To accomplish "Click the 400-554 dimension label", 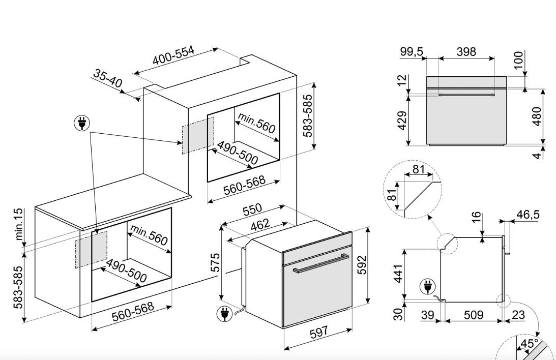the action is (174, 55).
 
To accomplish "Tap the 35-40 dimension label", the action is (107, 78).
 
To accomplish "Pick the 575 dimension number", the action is (215, 262).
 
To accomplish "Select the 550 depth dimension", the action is (252, 209).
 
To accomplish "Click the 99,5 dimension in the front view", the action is (412, 52).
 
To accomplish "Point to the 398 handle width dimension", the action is (466, 52).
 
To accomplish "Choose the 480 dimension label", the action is (537, 116).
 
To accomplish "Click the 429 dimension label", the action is (402, 121).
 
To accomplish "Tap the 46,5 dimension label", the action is (528, 215).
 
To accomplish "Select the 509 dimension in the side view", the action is (474, 315).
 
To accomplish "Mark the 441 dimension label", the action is (399, 274).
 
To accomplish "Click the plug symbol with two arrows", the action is (82, 124).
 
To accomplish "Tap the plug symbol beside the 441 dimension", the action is (428, 286).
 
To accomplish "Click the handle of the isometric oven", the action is (321, 263).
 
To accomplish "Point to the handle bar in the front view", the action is (466, 95).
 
